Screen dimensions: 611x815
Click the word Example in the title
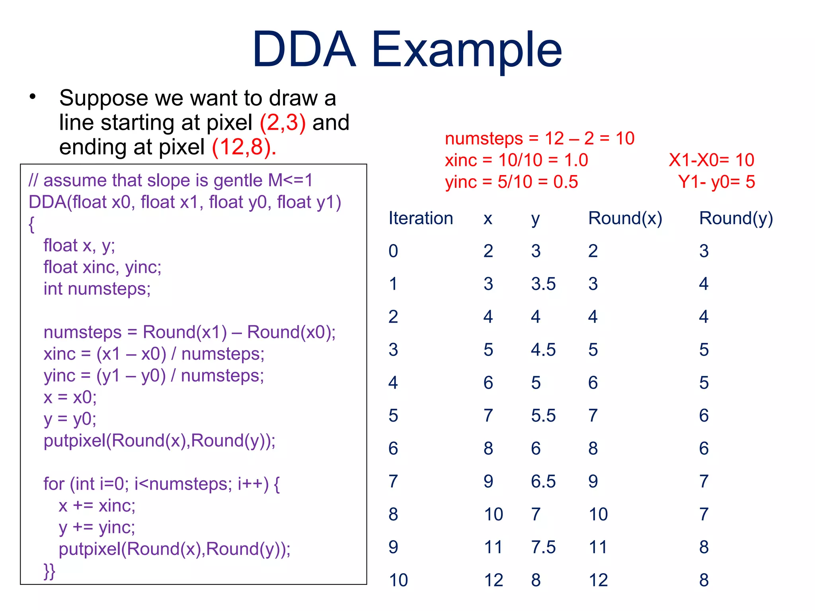(466, 50)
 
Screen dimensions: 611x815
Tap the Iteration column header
(421, 218)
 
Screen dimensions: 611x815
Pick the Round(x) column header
(625, 218)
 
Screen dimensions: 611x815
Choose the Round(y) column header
(736, 218)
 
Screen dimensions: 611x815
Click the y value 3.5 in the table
(543, 284)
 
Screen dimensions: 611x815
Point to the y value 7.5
(543, 547)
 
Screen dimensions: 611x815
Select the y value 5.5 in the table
(543, 416)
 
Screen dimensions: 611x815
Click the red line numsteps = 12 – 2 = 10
(539, 138)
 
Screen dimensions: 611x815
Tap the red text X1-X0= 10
(711, 160)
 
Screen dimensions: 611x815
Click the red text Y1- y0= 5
(716, 182)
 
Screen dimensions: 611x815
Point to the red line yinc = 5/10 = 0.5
(511, 182)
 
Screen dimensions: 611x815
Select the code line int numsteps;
(97, 289)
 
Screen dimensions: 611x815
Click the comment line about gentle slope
(170, 181)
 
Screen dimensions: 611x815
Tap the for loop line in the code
(161, 484)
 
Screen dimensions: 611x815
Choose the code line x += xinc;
(97, 506)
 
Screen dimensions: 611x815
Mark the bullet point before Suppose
(33, 97)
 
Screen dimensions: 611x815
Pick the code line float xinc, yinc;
(102, 267)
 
